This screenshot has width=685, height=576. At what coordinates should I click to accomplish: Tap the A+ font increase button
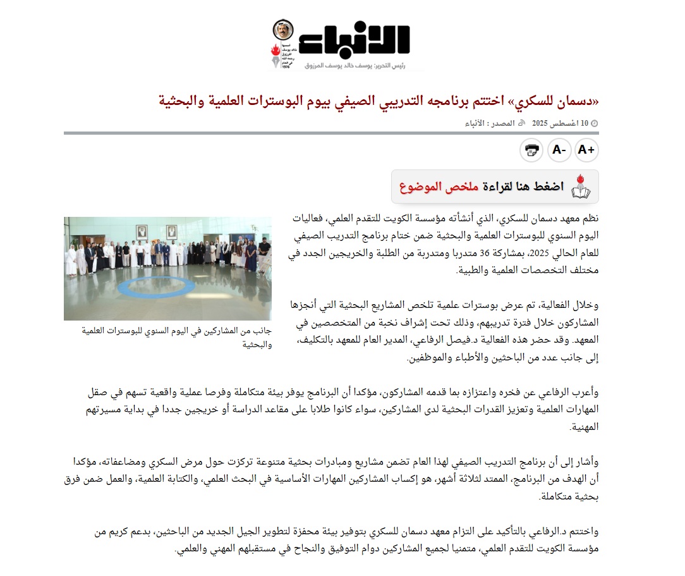click(586, 150)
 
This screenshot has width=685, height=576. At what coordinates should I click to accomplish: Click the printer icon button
click(531, 150)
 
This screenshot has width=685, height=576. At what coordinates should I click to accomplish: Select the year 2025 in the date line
click(540, 123)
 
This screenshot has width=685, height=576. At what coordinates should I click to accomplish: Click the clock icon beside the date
click(594, 123)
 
